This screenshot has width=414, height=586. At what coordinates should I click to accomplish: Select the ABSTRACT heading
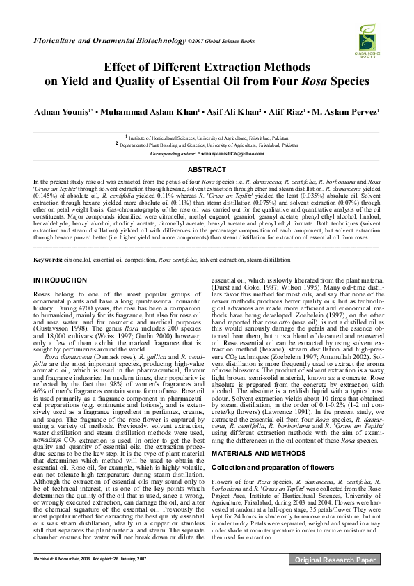coord(207,169)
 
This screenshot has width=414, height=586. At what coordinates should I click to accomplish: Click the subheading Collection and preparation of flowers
coord(268,466)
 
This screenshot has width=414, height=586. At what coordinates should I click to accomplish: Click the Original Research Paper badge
coord(335,579)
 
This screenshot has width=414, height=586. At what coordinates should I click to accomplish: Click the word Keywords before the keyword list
coord(47,260)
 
